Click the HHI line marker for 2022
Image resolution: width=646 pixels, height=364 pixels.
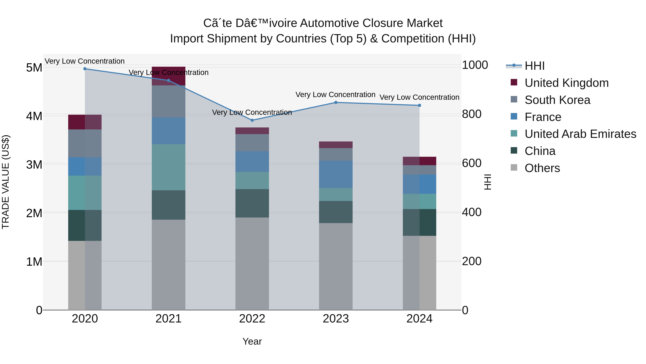(x=252, y=120)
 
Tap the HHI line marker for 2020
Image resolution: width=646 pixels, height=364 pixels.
(x=85, y=69)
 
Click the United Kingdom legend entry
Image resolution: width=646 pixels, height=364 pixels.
(x=566, y=83)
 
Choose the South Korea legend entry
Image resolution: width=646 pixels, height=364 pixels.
(x=557, y=100)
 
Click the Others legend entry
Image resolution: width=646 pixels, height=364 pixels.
(x=542, y=168)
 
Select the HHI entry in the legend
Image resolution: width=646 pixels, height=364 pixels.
(x=534, y=66)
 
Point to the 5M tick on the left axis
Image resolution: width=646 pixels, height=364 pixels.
(x=34, y=68)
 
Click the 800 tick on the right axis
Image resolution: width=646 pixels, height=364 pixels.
(x=471, y=114)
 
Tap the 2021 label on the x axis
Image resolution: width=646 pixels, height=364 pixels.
(x=168, y=319)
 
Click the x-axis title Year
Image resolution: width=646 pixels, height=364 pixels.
(x=252, y=341)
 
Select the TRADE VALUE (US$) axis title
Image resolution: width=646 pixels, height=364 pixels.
(x=6, y=182)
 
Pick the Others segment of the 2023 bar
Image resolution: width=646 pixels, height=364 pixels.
(x=336, y=266)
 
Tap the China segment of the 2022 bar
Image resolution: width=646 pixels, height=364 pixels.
(x=252, y=203)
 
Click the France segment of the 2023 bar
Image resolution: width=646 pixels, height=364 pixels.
(x=336, y=174)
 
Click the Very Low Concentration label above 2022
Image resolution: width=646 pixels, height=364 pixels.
(x=252, y=112)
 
